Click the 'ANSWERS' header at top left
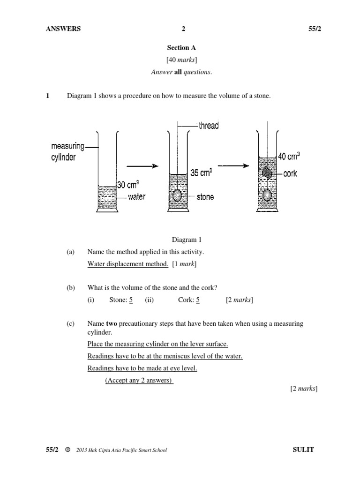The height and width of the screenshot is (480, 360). tap(63, 29)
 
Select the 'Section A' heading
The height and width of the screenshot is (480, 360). tap(181, 47)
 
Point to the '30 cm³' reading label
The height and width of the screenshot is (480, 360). tap(127, 185)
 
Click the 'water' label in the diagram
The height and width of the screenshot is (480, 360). tap(136, 197)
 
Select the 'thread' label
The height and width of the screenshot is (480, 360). tap(209, 125)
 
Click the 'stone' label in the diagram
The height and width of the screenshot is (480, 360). tap(205, 197)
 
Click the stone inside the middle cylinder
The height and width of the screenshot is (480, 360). tap(177, 195)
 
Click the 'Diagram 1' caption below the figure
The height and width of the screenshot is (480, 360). tap(186, 240)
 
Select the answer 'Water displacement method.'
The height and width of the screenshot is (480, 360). tap(127, 264)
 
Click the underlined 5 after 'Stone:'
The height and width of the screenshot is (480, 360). tap(131, 300)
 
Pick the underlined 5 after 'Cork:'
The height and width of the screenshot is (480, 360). tap(198, 300)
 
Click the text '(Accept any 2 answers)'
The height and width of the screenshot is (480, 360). tap(139, 380)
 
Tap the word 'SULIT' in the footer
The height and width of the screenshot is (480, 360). tap(302, 450)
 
